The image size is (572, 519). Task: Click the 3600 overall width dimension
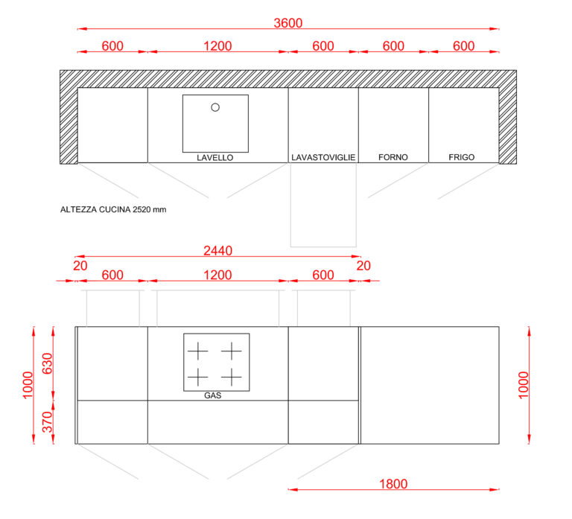pos(287,23)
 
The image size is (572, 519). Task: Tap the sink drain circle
pos(215,107)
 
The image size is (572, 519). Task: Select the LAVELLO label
pos(214,158)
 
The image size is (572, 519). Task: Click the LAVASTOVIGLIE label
pos(323,157)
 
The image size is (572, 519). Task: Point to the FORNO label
pos(393,157)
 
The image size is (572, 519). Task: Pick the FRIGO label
pos(462,157)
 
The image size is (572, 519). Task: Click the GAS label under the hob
pos(213,395)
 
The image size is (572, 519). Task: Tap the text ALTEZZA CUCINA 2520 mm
pos(113,209)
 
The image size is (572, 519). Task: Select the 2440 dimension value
pos(217,250)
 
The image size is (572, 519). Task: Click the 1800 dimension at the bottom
pos(393,484)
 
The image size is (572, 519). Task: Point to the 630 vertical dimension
pos(48,363)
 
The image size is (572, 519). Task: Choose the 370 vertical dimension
pos(48,421)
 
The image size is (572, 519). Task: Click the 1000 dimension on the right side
pos(523,385)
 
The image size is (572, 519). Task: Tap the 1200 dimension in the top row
pos(217,46)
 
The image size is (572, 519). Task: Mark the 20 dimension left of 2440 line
pos(80,266)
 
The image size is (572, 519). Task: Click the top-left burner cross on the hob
pos(197,351)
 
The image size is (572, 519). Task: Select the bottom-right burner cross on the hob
pos(232,377)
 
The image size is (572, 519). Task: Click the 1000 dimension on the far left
pos(28,385)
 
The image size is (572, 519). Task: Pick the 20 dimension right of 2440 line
pos(363,266)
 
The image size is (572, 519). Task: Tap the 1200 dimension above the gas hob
pos(217,275)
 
